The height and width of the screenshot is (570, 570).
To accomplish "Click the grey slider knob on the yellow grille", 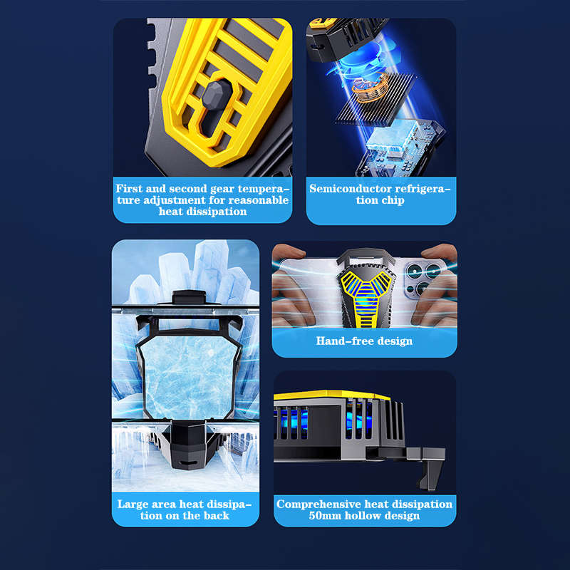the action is coord(217,95).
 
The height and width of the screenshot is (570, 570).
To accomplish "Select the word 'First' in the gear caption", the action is coord(129,189).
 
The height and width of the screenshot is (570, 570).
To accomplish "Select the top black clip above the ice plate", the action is coord(189,296).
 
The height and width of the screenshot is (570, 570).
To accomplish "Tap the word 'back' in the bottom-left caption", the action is coord(217,515).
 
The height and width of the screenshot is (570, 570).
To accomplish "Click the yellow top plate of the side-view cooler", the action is coord(331,395).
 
